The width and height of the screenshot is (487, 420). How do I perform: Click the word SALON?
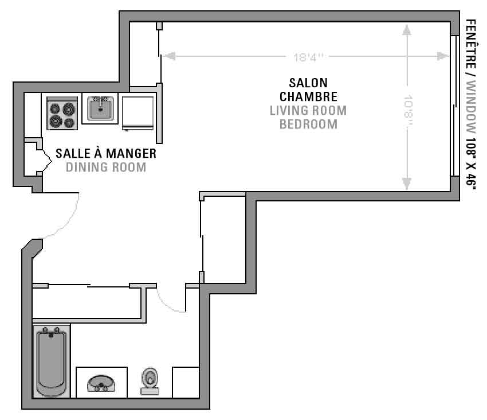[308, 83]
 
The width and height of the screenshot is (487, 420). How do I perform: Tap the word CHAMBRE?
[308, 97]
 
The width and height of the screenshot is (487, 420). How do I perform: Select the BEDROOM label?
[308, 125]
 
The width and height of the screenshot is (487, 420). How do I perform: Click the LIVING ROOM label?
[308, 111]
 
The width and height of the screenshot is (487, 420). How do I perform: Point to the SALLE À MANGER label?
[106, 153]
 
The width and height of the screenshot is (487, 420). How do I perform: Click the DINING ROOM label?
[106, 168]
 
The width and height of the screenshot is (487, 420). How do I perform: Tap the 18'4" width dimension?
[308, 57]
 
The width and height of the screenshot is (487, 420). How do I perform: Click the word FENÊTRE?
[471, 44]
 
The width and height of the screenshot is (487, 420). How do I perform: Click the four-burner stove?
[62, 113]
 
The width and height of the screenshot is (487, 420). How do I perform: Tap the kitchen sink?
[100, 108]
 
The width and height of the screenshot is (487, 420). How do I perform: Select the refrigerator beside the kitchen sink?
[138, 113]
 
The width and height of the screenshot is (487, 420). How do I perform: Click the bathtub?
[52, 361]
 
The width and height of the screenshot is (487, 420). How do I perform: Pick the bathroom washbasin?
[101, 384]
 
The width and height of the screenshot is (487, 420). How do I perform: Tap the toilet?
[150, 382]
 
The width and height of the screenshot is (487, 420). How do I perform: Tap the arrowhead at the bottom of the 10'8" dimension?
[407, 184]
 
